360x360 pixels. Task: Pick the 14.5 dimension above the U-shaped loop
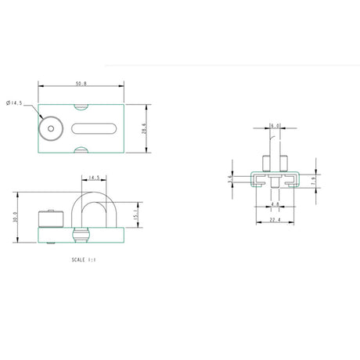pos(93,178)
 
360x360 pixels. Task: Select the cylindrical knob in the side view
pos(50,218)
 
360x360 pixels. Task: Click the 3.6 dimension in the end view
pos(229,179)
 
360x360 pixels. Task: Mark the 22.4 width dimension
pos(274,220)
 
